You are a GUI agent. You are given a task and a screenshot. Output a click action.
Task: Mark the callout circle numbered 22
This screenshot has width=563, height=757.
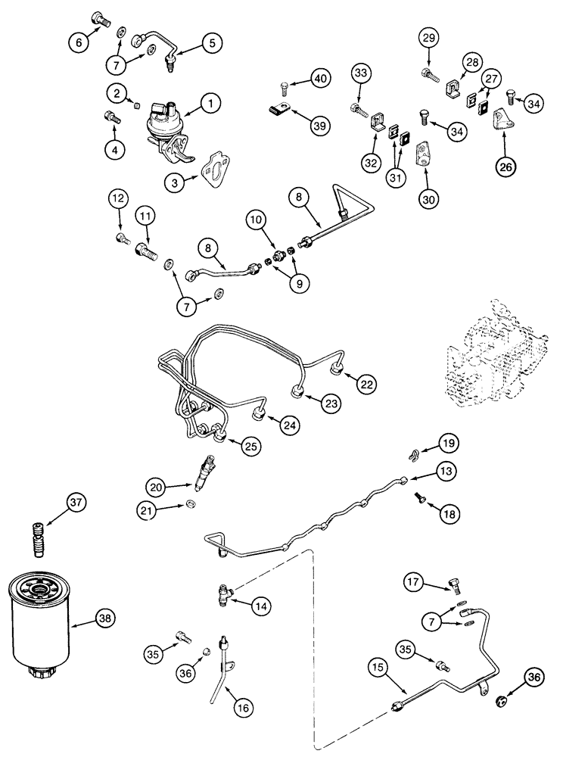(367, 385)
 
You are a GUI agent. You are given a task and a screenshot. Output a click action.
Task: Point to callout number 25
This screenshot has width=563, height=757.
(251, 447)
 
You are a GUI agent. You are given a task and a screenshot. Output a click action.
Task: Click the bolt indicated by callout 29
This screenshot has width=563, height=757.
(429, 73)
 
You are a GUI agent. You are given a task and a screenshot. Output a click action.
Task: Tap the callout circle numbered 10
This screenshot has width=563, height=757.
(256, 220)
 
